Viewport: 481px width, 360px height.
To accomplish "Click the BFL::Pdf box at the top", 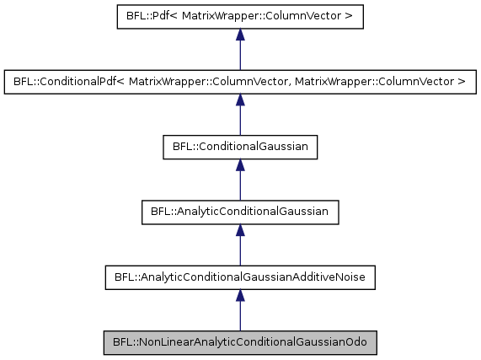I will pyautogui.click(x=240, y=18).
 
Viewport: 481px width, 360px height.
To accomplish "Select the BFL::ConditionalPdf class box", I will pyautogui.click(x=240, y=83).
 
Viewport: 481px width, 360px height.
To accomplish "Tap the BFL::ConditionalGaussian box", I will pyautogui.click(x=240, y=148).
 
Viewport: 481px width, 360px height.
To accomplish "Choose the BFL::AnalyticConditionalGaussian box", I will pyautogui.click(x=240, y=212).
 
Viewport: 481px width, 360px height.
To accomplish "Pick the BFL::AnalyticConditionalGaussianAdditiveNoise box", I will pyautogui.click(x=240, y=277).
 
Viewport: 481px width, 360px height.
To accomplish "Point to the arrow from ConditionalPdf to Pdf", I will pyautogui.click(x=240, y=50).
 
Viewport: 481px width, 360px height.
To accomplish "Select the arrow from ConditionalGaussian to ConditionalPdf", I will pyautogui.click(x=240, y=115).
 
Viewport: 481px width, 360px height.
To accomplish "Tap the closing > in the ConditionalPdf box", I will pyautogui.click(x=462, y=83).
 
